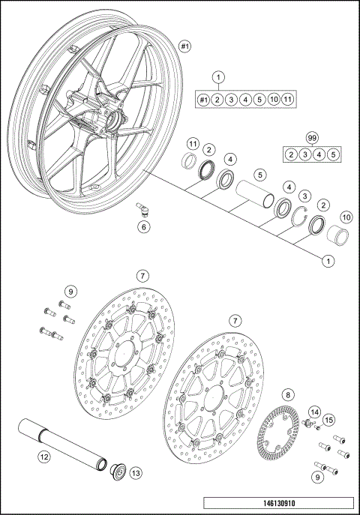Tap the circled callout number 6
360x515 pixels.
pyautogui.click(x=144, y=226)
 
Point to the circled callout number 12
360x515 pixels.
pyautogui.click(x=44, y=456)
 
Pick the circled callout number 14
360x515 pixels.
pyautogui.click(x=314, y=411)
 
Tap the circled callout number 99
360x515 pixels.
pyautogui.click(x=313, y=137)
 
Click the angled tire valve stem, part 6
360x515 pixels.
pyautogui.click(x=141, y=208)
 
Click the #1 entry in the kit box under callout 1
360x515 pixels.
pyautogui.click(x=203, y=100)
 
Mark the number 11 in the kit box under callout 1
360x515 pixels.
pyautogui.click(x=289, y=100)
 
